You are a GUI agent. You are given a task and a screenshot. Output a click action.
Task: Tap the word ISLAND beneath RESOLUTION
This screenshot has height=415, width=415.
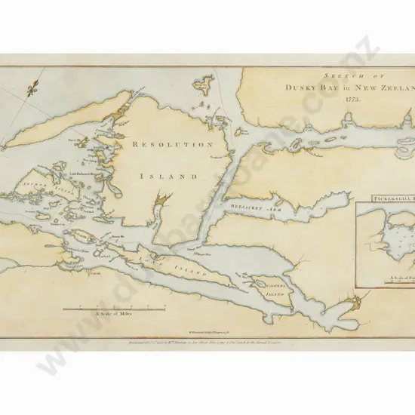(x=169, y=175)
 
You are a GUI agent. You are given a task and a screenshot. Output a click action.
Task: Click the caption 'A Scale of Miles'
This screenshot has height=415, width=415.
(x=114, y=315)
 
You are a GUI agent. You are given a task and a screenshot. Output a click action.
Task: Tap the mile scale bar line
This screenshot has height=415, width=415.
(x=114, y=308)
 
